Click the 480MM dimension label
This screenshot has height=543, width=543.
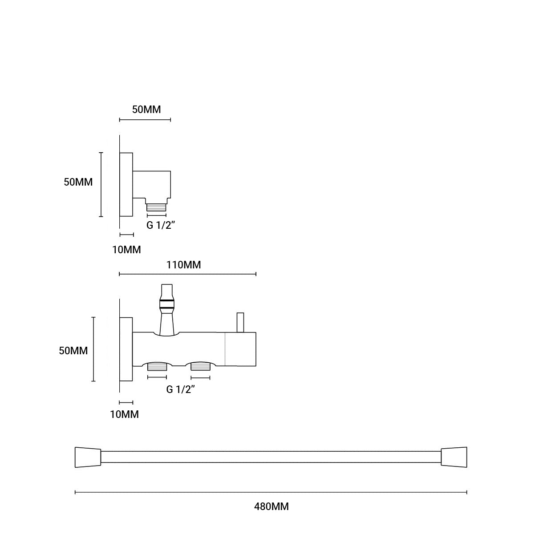pyautogui.click(x=271, y=507)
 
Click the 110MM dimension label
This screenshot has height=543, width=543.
pyautogui.click(x=183, y=265)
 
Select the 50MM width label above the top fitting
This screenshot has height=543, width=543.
pyautogui.click(x=146, y=109)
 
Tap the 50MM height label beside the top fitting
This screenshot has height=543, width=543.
pyautogui.click(x=78, y=182)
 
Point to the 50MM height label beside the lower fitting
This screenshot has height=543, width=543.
pyautogui.click(x=73, y=351)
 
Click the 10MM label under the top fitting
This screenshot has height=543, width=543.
pyautogui.click(x=126, y=250)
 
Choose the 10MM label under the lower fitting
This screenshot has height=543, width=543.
pyautogui.click(x=125, y=414)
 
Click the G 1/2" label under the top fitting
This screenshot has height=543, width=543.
pyautogui.click(x=161, y=225)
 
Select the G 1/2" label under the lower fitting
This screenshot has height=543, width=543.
pyautogui.click(x=181, y=390)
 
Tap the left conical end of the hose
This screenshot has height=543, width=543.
pyautogui.click(x=88, y=457)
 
